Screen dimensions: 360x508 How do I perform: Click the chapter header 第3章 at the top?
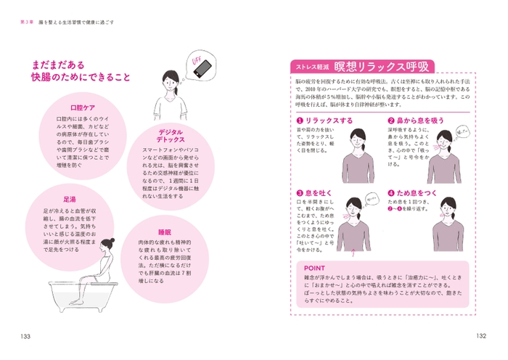30,22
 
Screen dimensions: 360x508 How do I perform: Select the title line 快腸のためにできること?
85,76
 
